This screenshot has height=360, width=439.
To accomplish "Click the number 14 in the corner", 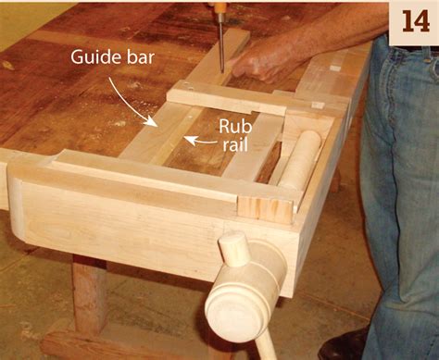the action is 415,21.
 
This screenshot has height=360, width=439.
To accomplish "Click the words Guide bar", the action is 112,56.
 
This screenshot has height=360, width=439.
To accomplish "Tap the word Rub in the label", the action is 235,127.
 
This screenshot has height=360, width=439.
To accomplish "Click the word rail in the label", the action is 235,144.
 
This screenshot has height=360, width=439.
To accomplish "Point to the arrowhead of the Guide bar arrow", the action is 152,121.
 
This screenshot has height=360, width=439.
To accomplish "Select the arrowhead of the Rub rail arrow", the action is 190,141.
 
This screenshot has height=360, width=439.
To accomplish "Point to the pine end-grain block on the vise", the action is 265,210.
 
